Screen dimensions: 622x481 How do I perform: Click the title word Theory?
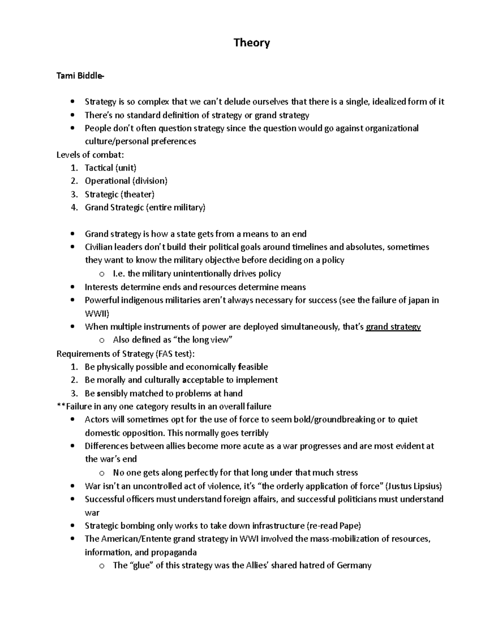point(252,43)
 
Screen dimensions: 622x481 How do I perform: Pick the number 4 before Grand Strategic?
point(73,207)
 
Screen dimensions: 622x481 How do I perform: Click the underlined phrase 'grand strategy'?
point(394,327)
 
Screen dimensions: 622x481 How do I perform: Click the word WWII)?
point(97,313)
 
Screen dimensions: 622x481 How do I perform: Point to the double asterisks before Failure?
point(61,407)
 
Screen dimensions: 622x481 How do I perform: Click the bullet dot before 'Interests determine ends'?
point(72,287)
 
